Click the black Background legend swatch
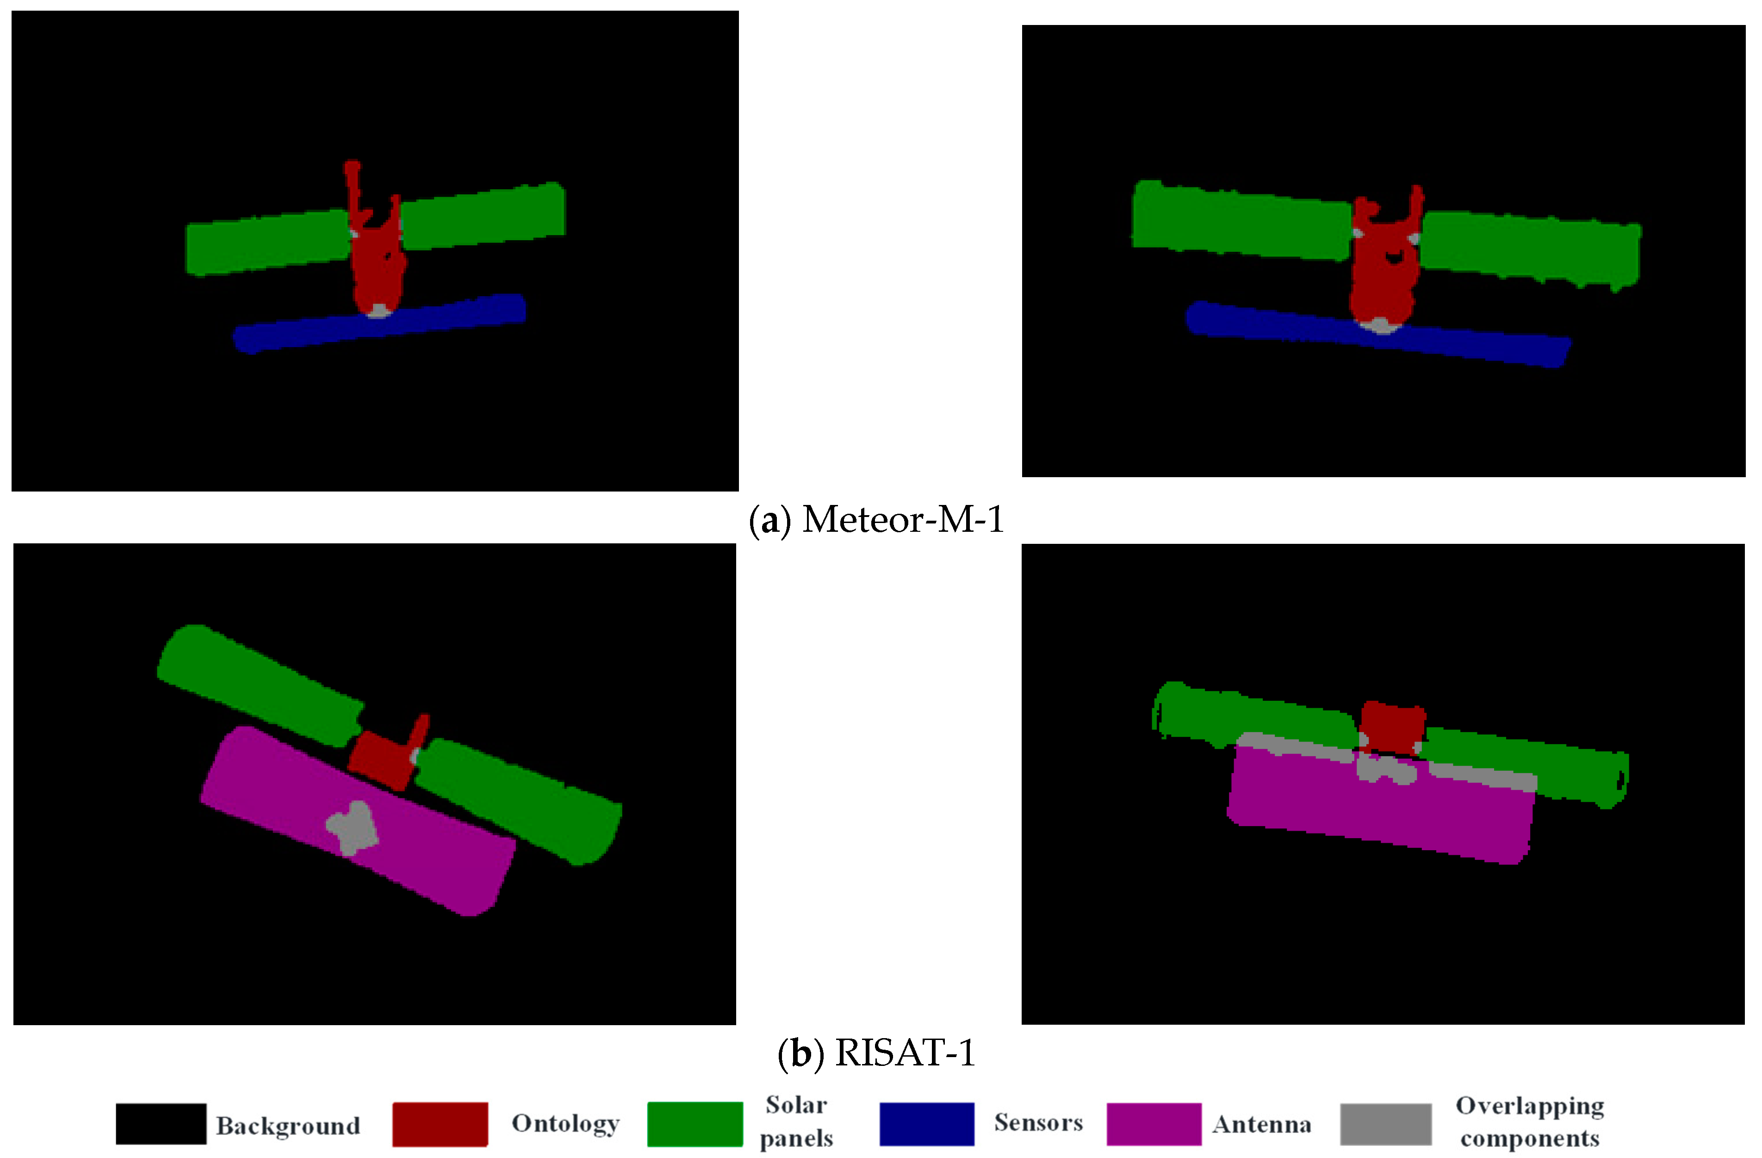[x=161, y=1123]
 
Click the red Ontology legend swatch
[x=440, y=1123]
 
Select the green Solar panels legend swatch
[x=695, y=1123]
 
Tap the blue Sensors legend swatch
[x=926, y=1123]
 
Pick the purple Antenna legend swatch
[x=1154, y=1123]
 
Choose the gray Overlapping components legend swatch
[x=1385, y=1123]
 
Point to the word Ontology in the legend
[x=565, y=1123]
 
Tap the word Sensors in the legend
[x=1038, y=1122]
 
